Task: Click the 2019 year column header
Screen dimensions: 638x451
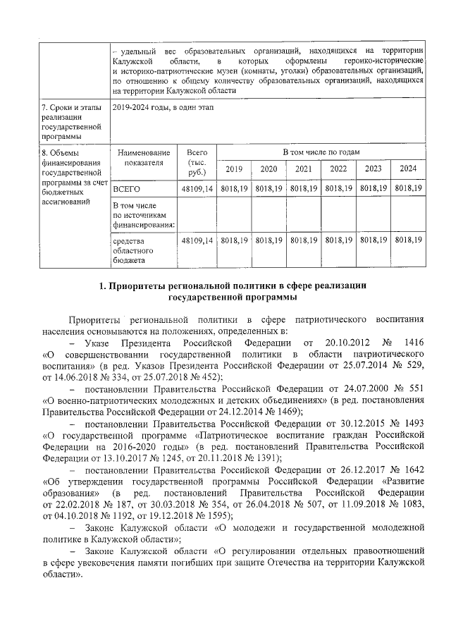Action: click(233, 169)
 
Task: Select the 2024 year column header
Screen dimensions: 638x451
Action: click(408, 169)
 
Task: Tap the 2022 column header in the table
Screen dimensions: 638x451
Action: click(338, 169)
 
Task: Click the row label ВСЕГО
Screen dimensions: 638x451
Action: click(127, 189)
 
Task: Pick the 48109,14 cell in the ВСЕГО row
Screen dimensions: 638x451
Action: click(197, 189)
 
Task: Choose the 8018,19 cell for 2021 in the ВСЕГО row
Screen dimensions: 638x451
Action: click(303, 189)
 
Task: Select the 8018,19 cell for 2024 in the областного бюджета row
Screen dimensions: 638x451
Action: click(408, 240)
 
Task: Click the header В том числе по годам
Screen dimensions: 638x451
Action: click(321, 152)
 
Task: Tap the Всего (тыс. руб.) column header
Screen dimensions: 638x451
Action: click(197, 161)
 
